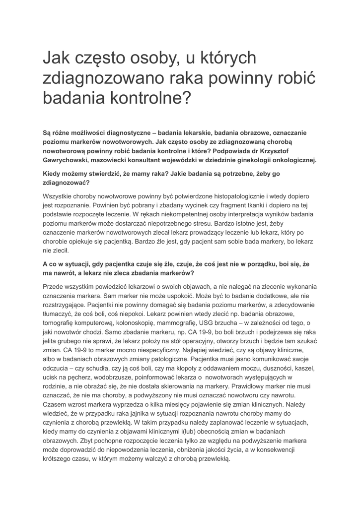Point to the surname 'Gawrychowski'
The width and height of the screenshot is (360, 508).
coord(67,160)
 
